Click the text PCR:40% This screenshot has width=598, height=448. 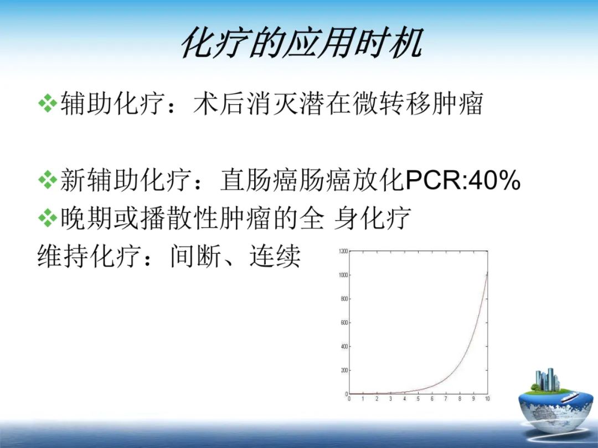click(463, 180)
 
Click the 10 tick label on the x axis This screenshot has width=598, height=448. click(487, 399)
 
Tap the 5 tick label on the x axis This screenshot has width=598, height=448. click(418, 399)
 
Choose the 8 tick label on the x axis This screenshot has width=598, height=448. click(460, 399)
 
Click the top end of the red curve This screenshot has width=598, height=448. click(487, 273)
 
